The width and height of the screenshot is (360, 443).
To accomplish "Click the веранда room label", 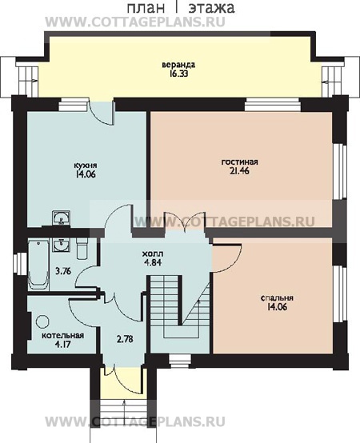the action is click(x=178, y=65).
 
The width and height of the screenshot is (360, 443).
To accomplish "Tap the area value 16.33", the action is click(x=178, y=74).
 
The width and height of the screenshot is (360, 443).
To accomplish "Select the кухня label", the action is click(x=85, y=166).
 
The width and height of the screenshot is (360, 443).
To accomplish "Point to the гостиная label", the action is click(x=240, y=162).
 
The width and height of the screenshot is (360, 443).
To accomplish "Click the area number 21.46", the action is click(x=240, y=171).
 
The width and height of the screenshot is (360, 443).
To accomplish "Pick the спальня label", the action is click(x=277, y=297).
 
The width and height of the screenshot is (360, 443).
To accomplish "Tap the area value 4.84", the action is click(x=153, y=262).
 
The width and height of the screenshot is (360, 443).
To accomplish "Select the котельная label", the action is click(x=62, y=336).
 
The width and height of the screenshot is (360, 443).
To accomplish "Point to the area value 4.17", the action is click(x=62, y=345).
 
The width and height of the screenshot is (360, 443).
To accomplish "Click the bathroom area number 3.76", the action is click(x=63, y=272).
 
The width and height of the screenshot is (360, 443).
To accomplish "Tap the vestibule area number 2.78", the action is click(x=125, y=339).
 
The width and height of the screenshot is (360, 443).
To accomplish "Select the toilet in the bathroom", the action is click(x=82, y=249).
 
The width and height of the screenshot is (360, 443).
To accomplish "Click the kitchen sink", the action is click(x=61, y=218).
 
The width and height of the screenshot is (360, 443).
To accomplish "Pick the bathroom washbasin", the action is click(x=61, y=245).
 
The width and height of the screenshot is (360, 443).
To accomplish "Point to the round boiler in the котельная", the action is click(x=42, y=321).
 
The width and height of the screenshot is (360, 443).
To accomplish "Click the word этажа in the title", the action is click(x=211, y=8).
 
